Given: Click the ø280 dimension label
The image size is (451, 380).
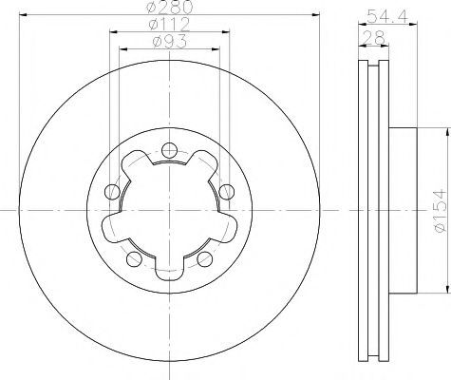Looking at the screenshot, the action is [170, 7].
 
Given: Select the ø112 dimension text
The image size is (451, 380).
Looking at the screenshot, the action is [169, 24].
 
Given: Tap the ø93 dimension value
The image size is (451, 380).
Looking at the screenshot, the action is [169, 42].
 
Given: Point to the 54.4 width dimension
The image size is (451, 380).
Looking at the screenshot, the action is [388, 16].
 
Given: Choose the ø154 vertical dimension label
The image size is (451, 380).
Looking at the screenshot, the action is [440, 210].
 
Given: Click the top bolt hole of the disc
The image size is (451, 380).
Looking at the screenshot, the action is [169, 150].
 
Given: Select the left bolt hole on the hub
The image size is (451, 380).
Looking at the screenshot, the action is [112, 191].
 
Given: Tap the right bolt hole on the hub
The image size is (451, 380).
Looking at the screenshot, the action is [227, 192].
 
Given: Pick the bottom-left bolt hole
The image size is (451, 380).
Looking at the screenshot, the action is [134, 258].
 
